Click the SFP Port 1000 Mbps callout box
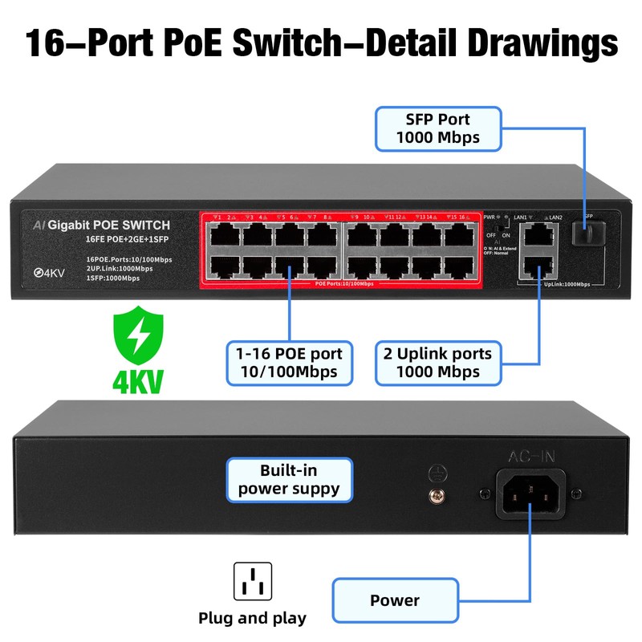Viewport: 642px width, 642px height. [438, 128]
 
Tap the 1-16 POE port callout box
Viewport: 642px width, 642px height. [290, 363]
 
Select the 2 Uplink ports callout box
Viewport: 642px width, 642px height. [437, 363]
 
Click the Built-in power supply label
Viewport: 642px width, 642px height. [289, 479]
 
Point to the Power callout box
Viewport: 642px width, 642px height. [395, 599]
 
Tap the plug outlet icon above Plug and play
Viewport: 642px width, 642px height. [252, 582]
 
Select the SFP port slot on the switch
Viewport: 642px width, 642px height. [585, 234]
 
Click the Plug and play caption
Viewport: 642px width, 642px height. [252, 619]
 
